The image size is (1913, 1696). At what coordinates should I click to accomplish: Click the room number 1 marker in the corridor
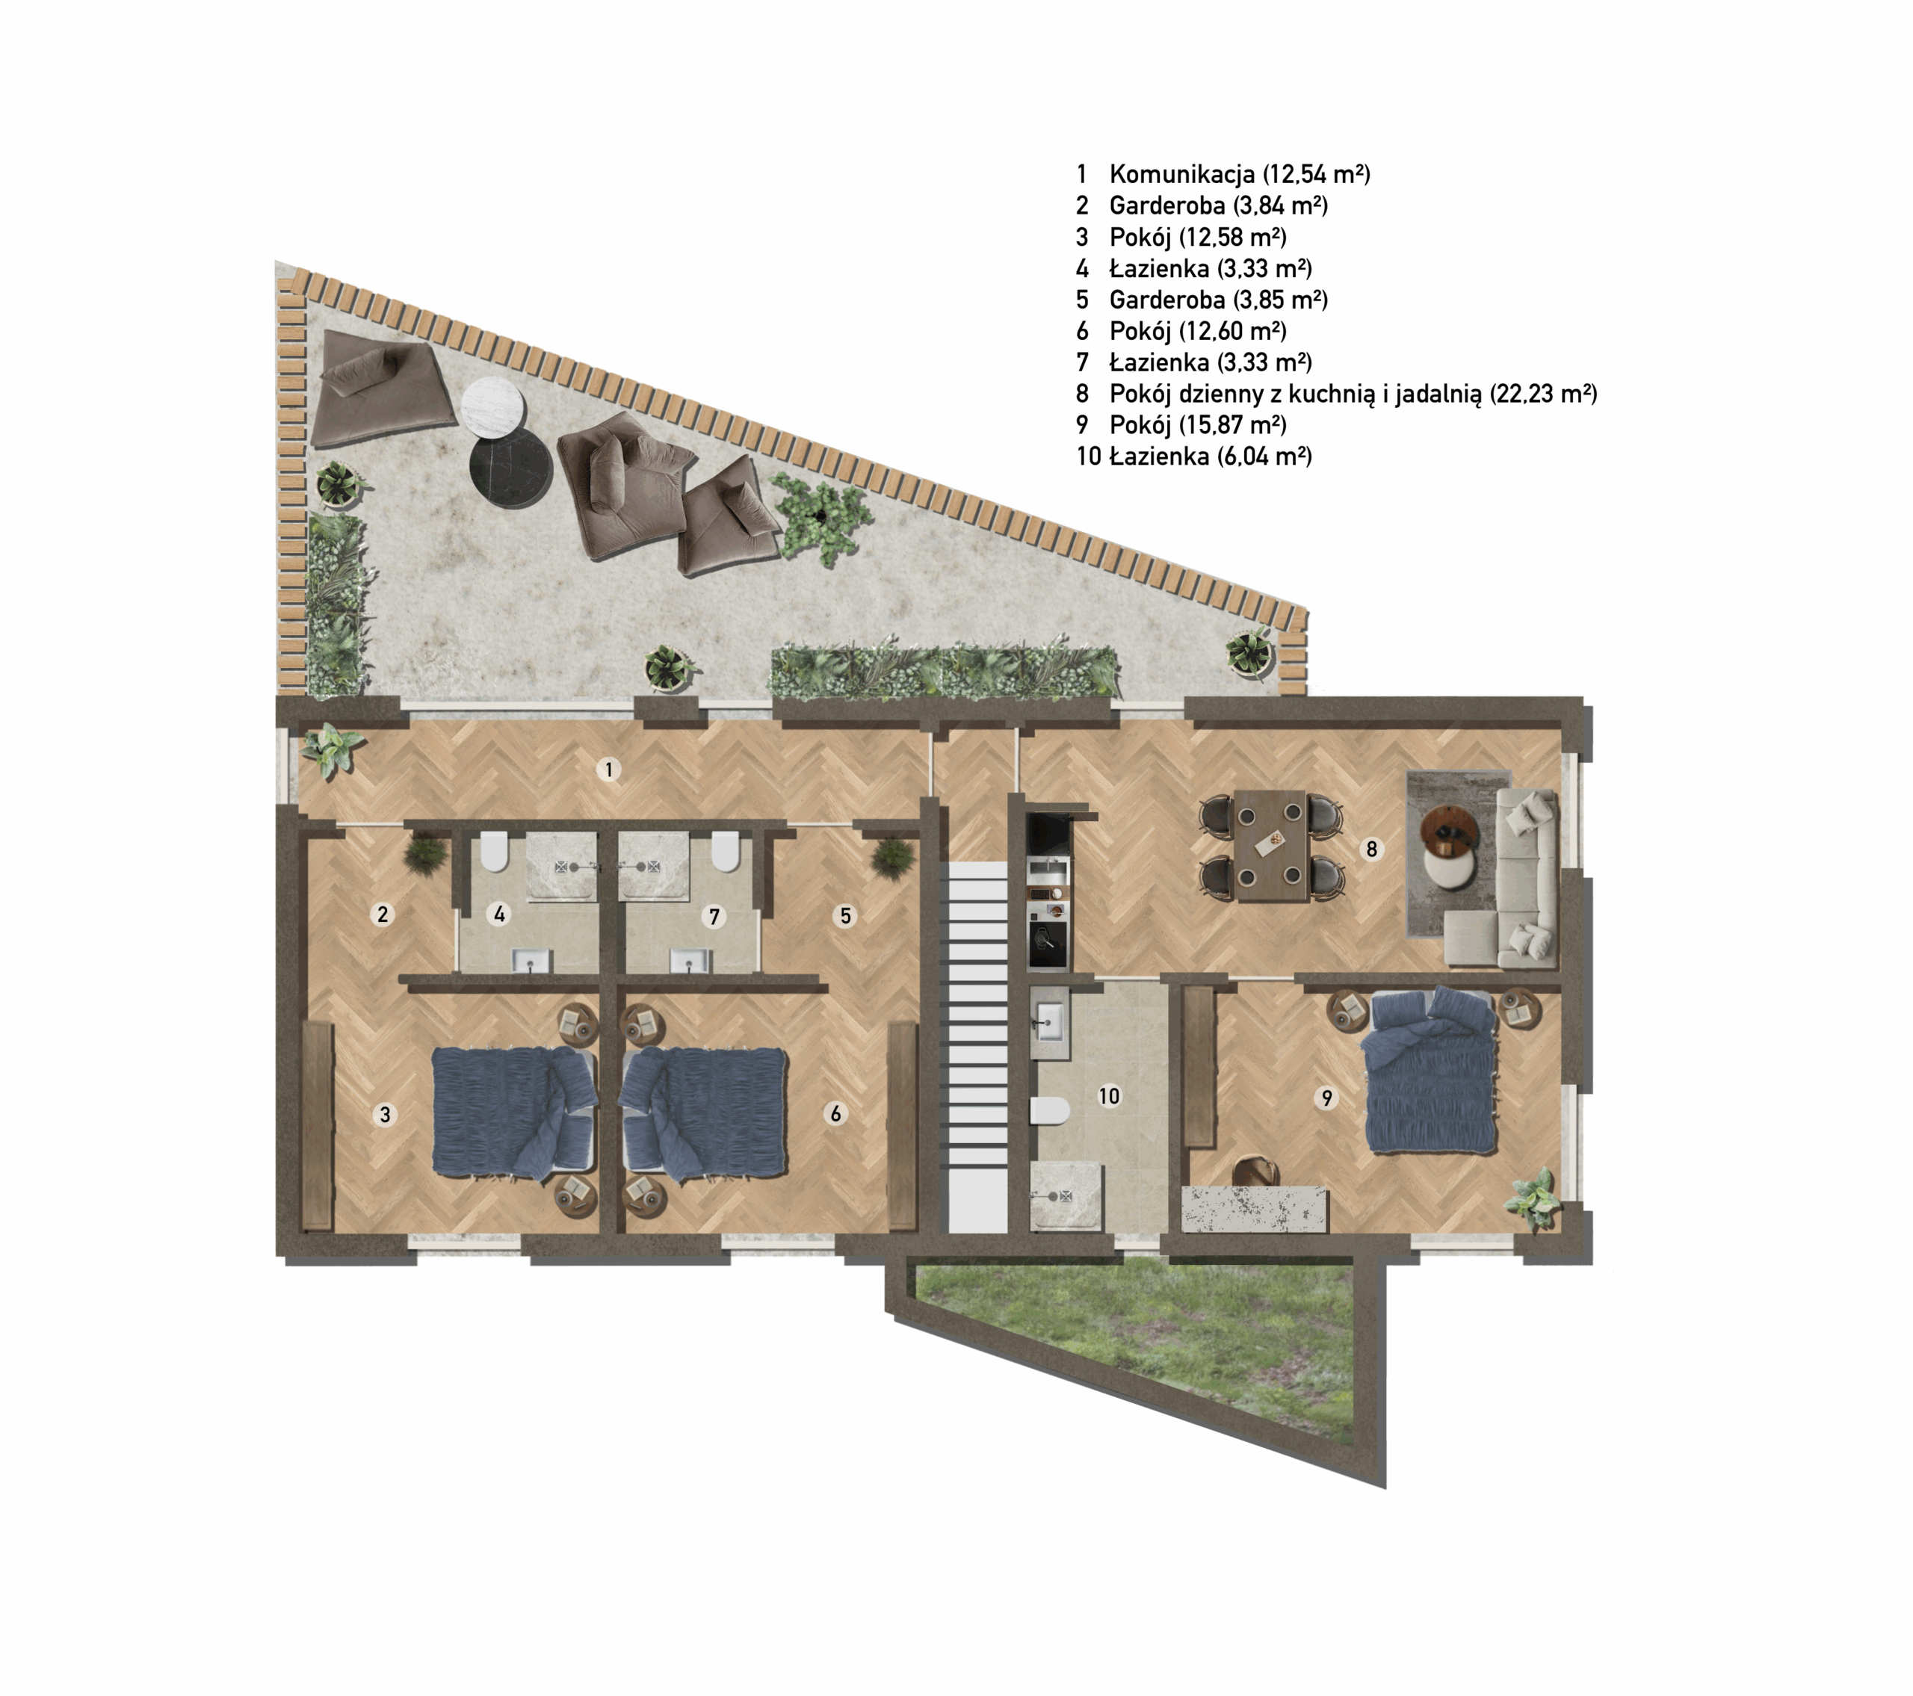tap(609, 770)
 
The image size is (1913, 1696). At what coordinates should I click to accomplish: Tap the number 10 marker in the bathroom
tap(1108, 1096)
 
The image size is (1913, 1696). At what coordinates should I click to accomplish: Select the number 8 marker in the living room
tap(1371, 849)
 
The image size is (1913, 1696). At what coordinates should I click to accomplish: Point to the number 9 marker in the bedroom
tap(1326, 1098)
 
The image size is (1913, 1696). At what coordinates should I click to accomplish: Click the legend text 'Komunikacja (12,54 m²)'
tap(1239, 174)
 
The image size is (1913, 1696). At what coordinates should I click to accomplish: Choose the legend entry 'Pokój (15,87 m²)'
tap(1198, 425)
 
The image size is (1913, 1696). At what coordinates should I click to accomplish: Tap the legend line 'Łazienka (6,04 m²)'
tap(1210, 457)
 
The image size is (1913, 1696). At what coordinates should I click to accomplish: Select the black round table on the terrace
tap(511, 467)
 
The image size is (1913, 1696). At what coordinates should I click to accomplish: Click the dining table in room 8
tap(1271, 846)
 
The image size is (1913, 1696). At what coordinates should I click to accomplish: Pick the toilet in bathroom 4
tap(494, 852)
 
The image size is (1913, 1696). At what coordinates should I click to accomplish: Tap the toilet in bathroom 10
tap(1050, 1111)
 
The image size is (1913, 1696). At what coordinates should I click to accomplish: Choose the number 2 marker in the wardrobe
tap(382, 914)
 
